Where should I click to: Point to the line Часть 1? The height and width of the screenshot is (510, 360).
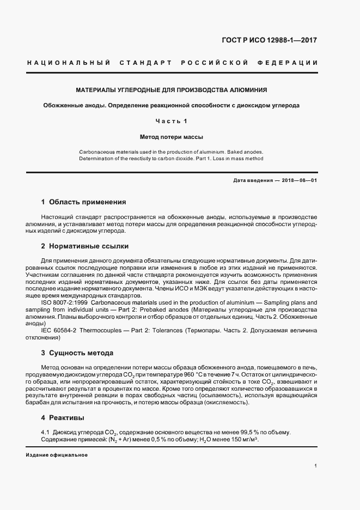coord(171,120)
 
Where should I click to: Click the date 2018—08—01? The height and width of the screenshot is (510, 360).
coord(299,180)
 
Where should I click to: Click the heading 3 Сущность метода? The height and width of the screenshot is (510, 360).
coord(77,353)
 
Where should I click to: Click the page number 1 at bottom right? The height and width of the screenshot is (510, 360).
coord(316,466)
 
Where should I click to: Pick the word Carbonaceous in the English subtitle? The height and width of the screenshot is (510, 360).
coord(96,151)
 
